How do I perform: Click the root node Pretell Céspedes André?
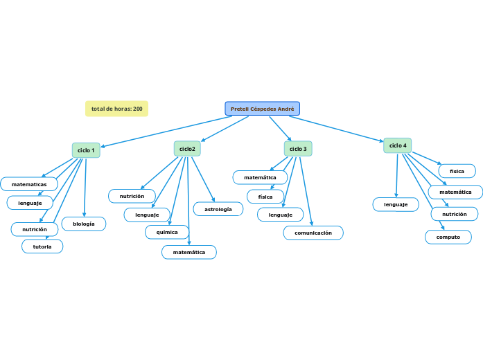[x=262, y=109]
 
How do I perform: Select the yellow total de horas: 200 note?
[x=116, y=109]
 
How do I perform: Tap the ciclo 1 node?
[x=86, y=150]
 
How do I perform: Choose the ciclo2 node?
[x=187, y=149]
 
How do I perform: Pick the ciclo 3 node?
[x=298, y=149]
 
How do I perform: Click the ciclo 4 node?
[x=398, y=145]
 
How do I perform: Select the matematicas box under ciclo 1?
[x=29, y=184]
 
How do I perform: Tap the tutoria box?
[x=42, y=246]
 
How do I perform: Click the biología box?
[x=84, y=224]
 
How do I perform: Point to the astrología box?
[x=218, y=208]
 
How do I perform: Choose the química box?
[x=167, y=233]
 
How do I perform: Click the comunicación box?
[x=313, y=233]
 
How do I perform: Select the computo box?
[x=448, y=237]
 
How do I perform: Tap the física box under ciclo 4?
[x=457, y=171]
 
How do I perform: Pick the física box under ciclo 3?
[x=265, y=197]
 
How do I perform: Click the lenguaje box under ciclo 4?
[x=396, y=204]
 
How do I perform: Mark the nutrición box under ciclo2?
[x=132, y=197]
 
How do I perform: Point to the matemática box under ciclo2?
[x=189, y=253]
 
